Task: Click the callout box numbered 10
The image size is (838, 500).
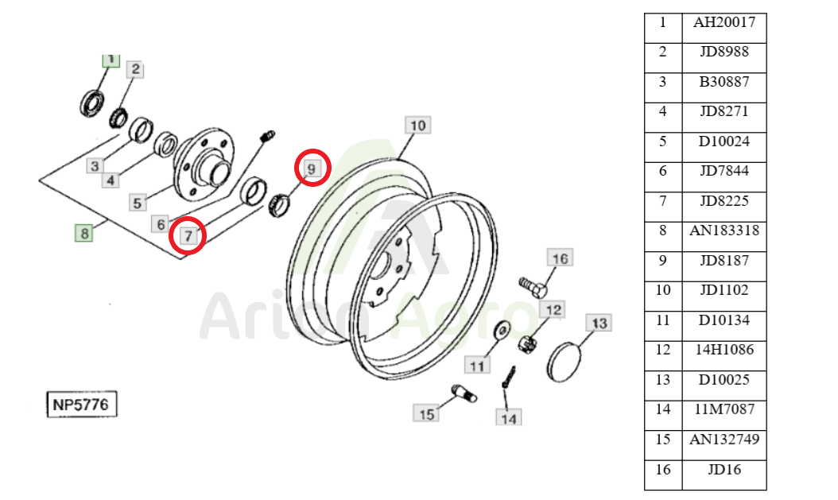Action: pos(418,126)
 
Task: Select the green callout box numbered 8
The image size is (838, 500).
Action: pos(84,234)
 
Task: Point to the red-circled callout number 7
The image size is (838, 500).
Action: pos(188,235)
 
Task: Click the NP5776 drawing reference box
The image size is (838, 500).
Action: pos(81,405)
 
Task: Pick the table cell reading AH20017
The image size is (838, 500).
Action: pos(724,22)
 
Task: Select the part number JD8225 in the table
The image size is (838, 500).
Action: pos(724,201)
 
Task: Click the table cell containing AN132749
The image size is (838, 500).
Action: pos(724,439)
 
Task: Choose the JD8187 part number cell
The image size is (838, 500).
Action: pos(724,261)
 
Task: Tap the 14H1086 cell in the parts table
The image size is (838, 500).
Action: pos(724,350)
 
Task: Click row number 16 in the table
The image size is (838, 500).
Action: pos(663,470)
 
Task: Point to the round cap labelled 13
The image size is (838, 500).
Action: pos(564,362)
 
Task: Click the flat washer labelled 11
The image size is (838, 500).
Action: pos(502,330)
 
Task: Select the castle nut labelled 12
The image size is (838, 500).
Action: pos(528,343)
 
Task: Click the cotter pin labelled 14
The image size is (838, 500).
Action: pos(508,377)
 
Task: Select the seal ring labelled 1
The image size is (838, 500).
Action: pos(92,103)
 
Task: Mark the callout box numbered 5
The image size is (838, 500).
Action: pos(138,203)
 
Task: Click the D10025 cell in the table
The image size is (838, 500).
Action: pos(724,380)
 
